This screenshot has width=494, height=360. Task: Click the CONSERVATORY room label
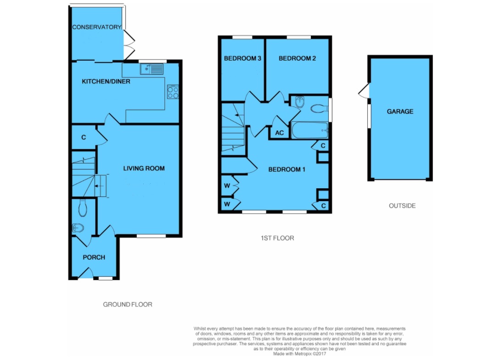[x=97, y=27]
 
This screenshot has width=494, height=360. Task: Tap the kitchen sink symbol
[x=152, y=69]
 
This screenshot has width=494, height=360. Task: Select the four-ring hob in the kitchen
[x=173, y=92]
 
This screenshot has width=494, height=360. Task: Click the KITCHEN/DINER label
[x=106, y=81]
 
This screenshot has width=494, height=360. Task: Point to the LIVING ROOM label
[x=144, y=169]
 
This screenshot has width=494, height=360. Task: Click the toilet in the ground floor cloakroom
[x=83, y=208]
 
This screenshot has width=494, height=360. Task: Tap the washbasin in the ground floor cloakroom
[x=78, y=228]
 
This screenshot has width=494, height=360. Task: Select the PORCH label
[x=94, y=257]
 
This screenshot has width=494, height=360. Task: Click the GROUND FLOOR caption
[x=128, y=304]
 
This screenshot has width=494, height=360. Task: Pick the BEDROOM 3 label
[x=242, y=58]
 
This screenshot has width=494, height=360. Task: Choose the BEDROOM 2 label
[x=298, y=58]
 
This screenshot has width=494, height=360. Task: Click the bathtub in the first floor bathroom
[x=310, y=130]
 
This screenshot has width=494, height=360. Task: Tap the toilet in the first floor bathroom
[x=319, y=109]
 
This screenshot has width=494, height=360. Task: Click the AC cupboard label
[x=280, y=133]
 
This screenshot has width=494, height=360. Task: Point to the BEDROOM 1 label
[x=286, y=169]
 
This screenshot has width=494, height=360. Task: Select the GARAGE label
[x=400, y=111]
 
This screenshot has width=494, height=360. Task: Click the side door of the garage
[x=364, y=91]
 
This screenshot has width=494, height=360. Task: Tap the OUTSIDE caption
[x=402, y=206]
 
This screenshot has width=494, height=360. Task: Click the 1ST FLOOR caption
[x=277, y=238]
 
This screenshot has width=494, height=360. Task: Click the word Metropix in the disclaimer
[x=303, y=354]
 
